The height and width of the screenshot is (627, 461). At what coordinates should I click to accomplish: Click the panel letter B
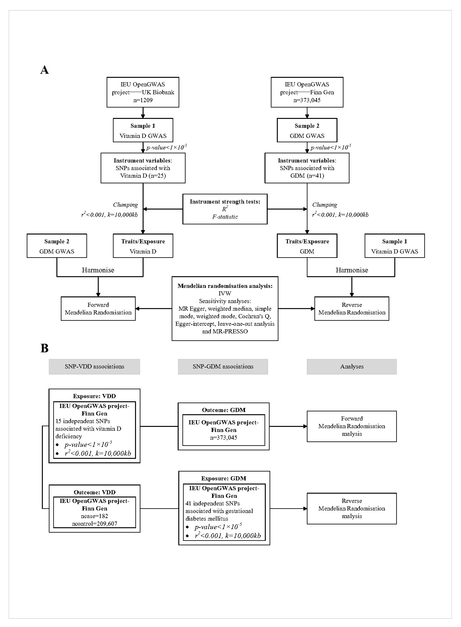[44, 348]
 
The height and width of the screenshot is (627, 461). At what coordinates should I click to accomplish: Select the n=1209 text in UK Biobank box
[143, 100]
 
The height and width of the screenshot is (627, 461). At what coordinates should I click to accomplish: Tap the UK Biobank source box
[143, 92]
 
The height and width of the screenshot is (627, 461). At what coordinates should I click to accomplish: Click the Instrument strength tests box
[225, 209]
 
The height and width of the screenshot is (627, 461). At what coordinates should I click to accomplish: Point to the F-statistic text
[225, 217]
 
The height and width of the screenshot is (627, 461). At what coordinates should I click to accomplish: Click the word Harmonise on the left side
[98, 270]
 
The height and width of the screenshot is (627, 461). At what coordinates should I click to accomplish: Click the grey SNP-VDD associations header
[94, 366]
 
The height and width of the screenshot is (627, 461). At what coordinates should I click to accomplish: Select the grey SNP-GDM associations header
[223, 366]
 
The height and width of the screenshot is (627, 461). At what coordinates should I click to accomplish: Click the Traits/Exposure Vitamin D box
[143, 246]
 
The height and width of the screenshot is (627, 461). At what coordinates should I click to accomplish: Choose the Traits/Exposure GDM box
[307, 246]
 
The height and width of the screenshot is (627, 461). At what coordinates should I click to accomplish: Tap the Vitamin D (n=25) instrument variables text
[143, 176]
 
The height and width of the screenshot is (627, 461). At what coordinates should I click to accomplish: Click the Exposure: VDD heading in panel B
[94, 396]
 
